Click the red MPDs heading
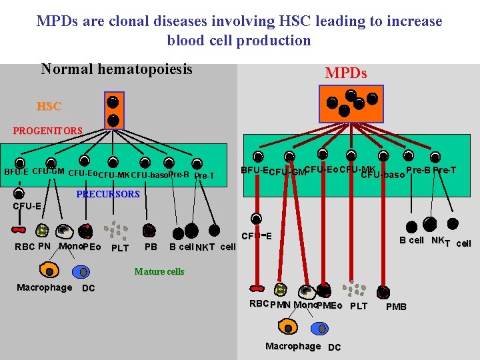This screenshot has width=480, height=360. coord(345,73)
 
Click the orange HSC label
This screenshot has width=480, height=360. coord(49,106)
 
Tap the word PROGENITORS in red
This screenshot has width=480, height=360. coord(47,131)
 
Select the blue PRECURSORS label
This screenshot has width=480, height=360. coord(108,194)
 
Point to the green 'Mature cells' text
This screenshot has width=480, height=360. coord(159,271)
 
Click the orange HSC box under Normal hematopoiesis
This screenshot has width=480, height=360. coord(113,110)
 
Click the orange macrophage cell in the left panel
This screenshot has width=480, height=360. coord(49,271)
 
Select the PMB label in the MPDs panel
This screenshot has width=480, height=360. coord(396,307)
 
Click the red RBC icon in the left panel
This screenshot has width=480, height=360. coord(18,230)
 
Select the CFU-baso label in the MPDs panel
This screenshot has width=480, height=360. coord(382,175)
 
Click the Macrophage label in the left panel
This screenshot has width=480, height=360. coord(44,287)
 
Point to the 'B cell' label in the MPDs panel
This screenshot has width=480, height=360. coord(411,240)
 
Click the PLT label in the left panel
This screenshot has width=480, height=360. coord(120,249)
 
